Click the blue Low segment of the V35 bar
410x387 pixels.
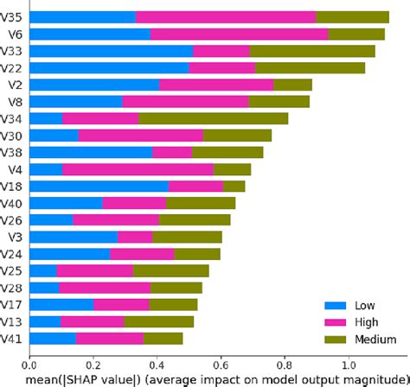click(83, 17)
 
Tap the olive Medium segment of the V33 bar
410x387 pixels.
click(312, 51)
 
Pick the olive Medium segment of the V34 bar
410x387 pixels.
click(213, 117)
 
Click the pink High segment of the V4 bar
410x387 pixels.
click(138, 168)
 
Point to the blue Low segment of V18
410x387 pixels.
click(99, 185)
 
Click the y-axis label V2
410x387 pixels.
click(15, 85)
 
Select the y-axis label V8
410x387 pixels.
click(15, 101)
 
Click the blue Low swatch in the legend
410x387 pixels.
click(334, 305)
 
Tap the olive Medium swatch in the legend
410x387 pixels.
click(334, 337)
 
